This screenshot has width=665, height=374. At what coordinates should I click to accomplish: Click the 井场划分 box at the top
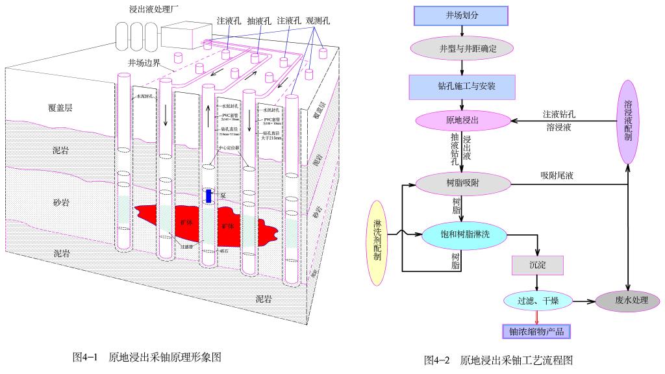click(461, 15)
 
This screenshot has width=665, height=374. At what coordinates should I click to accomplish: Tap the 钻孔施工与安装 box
click(461, 84)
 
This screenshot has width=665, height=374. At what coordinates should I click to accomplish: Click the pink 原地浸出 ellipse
click(461, 121)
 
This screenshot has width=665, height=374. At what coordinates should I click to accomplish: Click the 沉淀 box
click(538, 265)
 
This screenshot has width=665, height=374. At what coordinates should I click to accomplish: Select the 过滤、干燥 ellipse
click(536, 301)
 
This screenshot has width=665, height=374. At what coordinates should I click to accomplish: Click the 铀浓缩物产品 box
click(536, 331)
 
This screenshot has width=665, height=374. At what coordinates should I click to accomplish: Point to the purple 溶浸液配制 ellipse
click(628, 122)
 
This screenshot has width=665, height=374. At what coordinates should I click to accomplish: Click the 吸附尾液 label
click(556, 175)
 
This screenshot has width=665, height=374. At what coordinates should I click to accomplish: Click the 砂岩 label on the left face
click(61, 203)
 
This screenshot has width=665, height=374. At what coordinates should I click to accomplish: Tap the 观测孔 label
click(319, 21)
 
